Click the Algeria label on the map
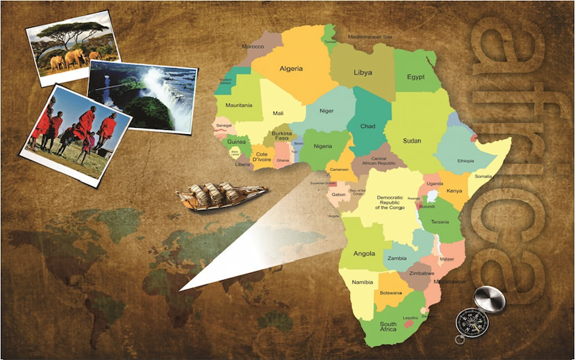coord(291,69)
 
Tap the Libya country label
coord(362,72)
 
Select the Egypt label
coord(416,77)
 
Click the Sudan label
coord(412,140)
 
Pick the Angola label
coord(365,254)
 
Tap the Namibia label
coord(362,281)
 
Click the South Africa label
coord(388,327)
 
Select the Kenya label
coord(454,190)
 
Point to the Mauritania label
coord(239,106)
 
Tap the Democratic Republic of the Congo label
coord(389,202)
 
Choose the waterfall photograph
coord(142,95)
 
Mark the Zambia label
coord(397,258)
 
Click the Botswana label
coord(391,293)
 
